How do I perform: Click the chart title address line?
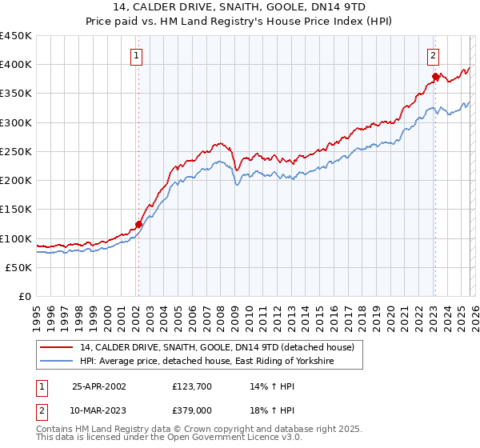tap(240, 7)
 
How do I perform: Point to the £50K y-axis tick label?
tap(18, 268)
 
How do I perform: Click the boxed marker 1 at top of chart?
tap(137, 56)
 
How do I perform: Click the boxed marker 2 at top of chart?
tap(433, 56)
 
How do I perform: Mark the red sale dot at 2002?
tap(138, 225)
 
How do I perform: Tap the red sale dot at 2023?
tap(435, 77)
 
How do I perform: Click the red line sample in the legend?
tap(57, 347)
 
